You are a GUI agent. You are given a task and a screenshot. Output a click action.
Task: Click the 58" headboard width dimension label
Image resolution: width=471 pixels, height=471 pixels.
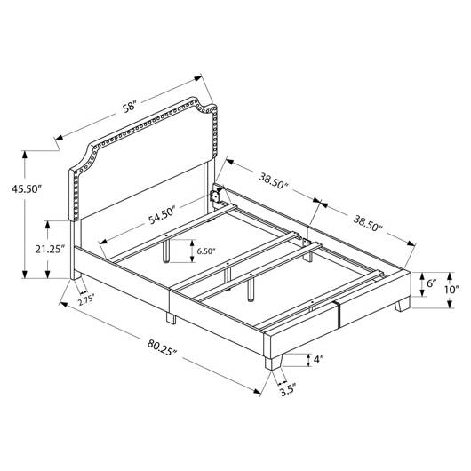pyautogui.click(x=130, y=108)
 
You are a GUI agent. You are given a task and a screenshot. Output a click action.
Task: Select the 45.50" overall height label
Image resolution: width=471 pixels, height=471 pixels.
pyautogui.click(x=26, y=188)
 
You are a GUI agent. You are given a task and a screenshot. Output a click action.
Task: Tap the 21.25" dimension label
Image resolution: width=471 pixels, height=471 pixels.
pyautogui.click(x=50, y=249)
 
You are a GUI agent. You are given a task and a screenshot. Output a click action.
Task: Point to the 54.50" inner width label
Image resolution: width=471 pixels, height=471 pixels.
pyautogui.click(x=162, y=215)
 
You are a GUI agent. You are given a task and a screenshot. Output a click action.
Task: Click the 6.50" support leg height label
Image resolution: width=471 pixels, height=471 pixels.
pyautogui.click(x=206, y=251)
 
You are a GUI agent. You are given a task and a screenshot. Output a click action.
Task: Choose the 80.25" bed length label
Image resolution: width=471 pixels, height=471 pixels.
pyautogui.click(x=163, y=347)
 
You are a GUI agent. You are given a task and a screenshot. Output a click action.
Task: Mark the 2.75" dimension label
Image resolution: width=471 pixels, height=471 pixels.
pyautogui.click(x=86, y=301)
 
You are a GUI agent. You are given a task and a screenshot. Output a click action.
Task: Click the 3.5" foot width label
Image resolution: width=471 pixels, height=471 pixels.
pyautogui.click(x=288, y=391)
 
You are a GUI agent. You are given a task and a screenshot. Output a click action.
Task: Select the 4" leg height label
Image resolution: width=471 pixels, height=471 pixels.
pyautogui.click(x=319, y=360)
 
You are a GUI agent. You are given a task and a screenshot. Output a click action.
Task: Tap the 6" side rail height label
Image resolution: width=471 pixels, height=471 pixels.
pyautogui.click(x=431, y=283)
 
